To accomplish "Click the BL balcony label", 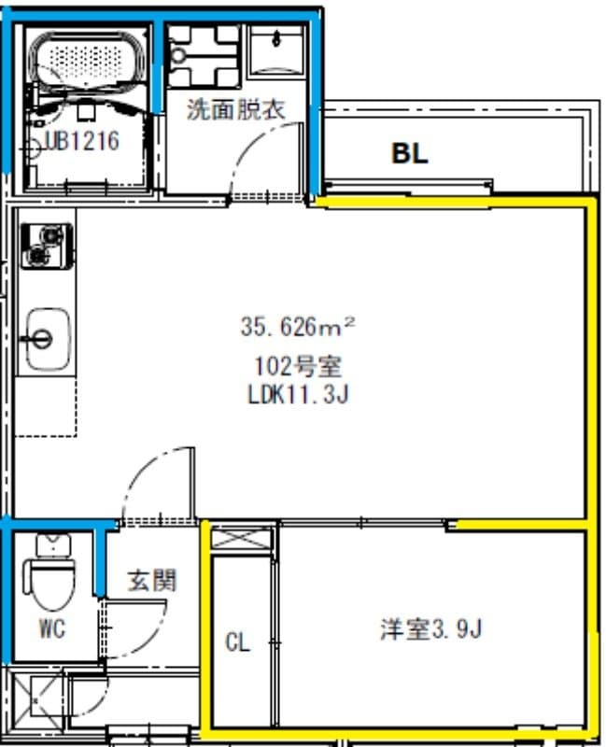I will point(409,154).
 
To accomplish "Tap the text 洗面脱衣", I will point(234,109).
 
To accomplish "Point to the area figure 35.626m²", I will point(298,327).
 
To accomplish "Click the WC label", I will point(52,628).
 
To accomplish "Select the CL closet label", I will point(238,642).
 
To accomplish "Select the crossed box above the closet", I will point(241,539).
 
